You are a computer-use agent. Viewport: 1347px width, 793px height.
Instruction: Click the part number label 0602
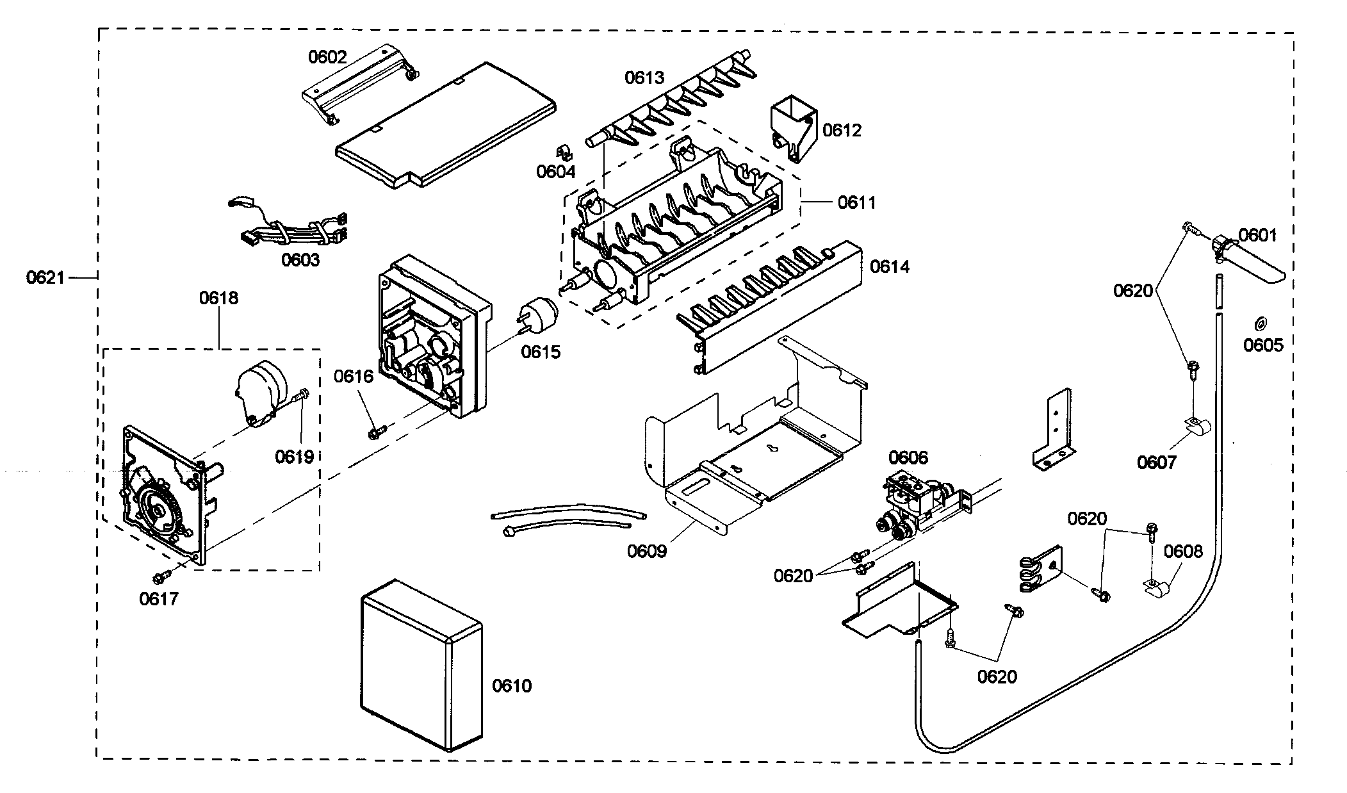click(x=327, y=57)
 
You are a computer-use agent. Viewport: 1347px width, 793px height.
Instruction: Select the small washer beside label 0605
click(x=1259, y=322)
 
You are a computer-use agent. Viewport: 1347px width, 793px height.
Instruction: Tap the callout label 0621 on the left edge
click(x=45, y=277)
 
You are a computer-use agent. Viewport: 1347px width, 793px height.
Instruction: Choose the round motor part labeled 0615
click(x=539, y=317)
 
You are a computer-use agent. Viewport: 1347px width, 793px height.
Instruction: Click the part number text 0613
click(x=644, y=78)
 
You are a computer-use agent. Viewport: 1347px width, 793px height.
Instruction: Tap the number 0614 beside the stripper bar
click(x=889, y=266)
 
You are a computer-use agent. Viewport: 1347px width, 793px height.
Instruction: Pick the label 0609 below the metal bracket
click(x=647, y=550)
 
